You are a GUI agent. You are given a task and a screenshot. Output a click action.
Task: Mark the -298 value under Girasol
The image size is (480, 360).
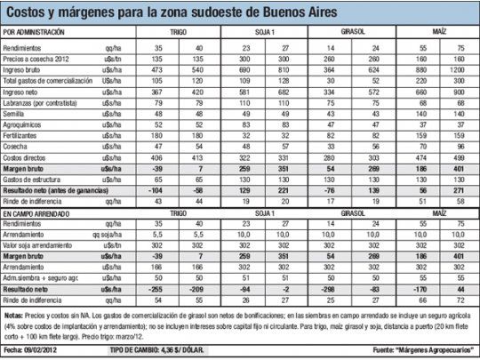[328, 289]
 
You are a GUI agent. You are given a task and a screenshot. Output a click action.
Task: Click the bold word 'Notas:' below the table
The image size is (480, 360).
[14, 315]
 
